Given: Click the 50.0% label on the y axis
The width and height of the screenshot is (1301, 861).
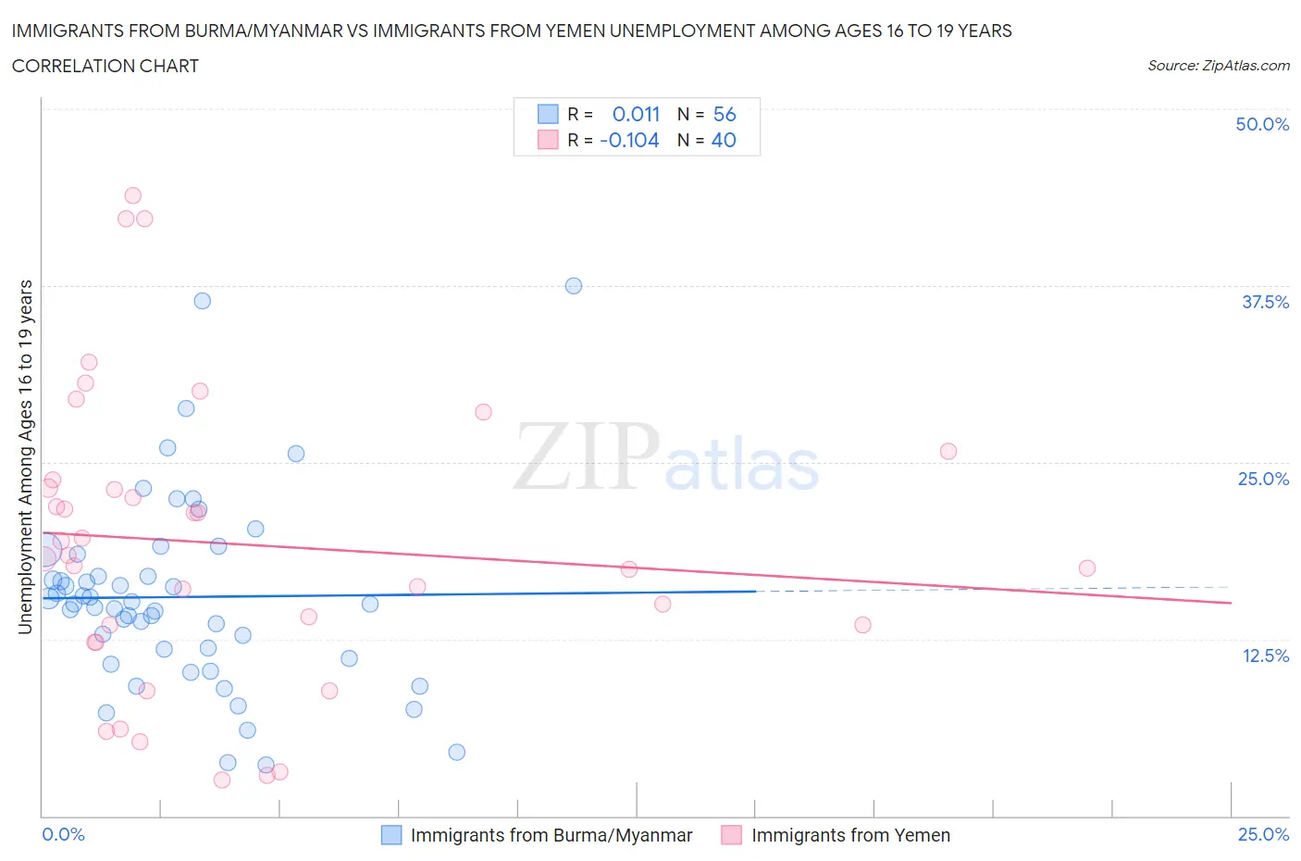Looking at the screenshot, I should coord(1262,124).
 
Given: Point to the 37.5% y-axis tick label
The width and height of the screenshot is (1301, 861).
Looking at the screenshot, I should coord(1265,302).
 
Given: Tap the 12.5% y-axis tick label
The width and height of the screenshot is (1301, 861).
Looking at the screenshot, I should coord(1265,655).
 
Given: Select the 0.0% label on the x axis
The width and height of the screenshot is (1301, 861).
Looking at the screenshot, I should coord(63,834).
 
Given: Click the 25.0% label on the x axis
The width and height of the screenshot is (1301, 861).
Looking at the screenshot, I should coord(1263,834).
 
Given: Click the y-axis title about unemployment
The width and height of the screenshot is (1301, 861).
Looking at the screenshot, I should coord(25,457).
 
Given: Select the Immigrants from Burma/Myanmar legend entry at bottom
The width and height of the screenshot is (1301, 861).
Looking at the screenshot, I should coord(551,835).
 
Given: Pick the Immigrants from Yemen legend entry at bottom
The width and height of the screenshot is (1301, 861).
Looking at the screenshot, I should coord(849,835).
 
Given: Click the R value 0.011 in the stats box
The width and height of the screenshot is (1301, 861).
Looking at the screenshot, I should coord(636,114).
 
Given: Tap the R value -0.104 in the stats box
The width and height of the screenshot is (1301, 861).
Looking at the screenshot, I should coord(629,140).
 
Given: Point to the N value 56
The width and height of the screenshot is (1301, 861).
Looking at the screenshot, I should coord(725,114).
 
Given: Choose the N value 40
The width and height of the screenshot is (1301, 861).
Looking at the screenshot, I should coord(724,140).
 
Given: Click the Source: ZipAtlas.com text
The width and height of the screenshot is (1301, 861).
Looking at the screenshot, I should coord(1218,66).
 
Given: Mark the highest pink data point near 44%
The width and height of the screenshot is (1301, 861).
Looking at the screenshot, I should coord(132,195).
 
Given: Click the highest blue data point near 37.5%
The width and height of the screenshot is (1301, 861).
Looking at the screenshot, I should coord(574,286).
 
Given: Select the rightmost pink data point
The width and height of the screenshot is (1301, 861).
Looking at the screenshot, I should coord(1087,568).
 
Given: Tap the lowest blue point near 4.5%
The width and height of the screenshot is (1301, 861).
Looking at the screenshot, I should coord(456,752).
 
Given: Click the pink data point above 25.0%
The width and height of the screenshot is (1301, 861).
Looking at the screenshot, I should coord(948,452).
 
